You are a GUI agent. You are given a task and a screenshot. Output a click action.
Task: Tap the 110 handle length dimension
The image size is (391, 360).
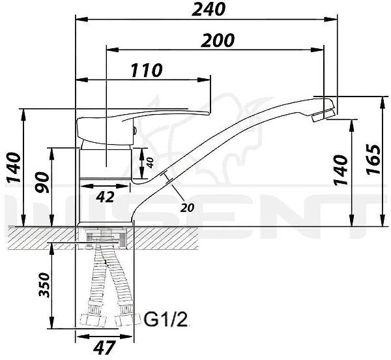[x=147, y=70]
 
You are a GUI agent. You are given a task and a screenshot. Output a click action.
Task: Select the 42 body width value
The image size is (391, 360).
[x=106, y=196]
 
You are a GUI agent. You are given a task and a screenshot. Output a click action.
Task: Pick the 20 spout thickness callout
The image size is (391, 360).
[x=188, y=208]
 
